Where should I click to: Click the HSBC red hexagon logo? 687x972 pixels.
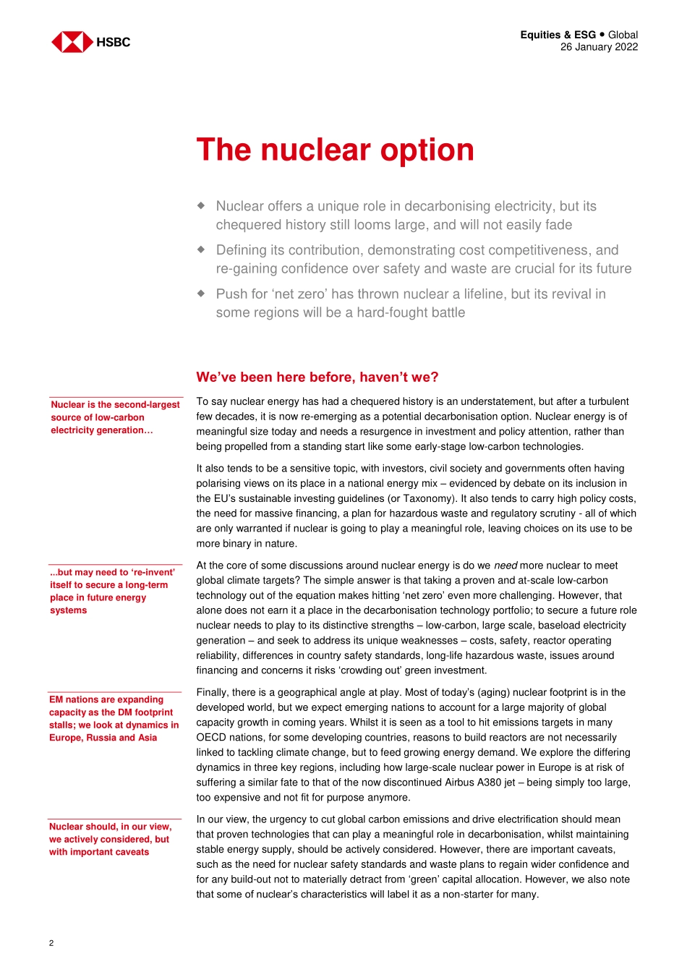[x=72, y=42]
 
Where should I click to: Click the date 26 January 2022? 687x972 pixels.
[x=599, y=47]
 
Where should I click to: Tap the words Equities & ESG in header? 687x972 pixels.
[x=558, y=35]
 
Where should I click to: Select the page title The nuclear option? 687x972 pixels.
[x=335, y=150]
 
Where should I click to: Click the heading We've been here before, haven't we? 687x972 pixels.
[x=317, y=378]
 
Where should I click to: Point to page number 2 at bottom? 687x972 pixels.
[x=51, y=943]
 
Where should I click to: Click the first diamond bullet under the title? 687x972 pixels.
[x=202, y=205]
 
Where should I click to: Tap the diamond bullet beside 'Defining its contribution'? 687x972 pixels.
[x=202, y=250]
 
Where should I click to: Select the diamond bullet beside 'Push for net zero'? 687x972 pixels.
[x=202, y=294]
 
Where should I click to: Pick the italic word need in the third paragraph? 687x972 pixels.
[x=505, y=566]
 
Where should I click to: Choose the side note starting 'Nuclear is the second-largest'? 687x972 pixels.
[x=115, y=417]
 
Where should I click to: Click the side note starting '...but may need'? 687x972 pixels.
[x=112, y=591]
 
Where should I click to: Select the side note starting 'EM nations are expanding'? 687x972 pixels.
[x=114, y=718]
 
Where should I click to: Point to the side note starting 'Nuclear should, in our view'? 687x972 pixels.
[x=110, y=839]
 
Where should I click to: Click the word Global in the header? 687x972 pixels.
[x=623, y=35]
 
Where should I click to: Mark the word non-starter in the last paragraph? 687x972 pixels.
[x=474, y=895]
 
